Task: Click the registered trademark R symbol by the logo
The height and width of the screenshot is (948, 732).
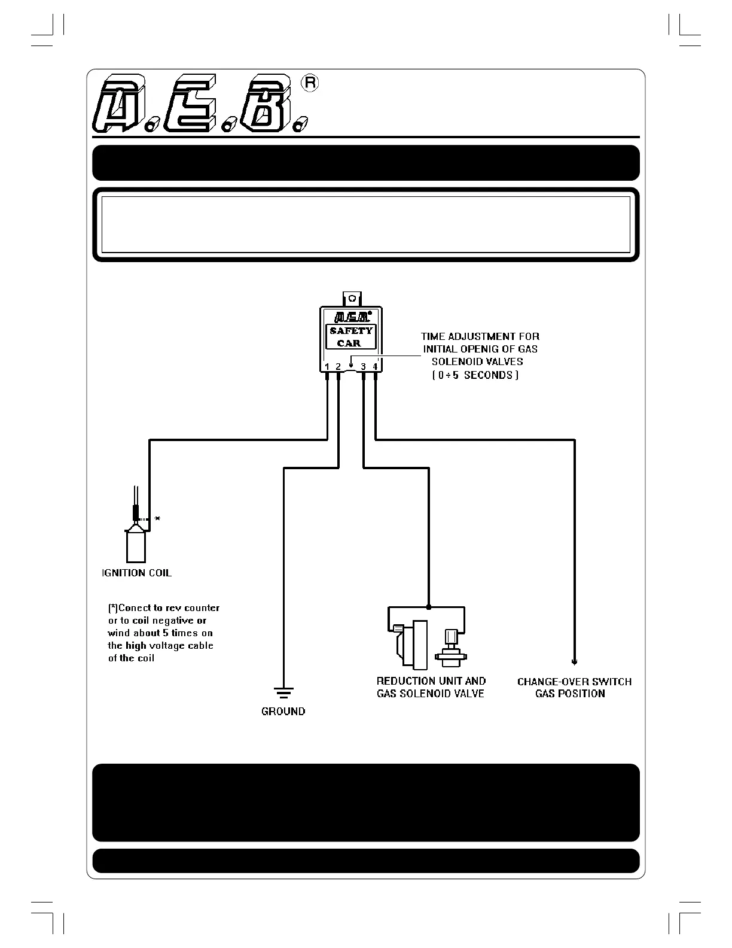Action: tap(310, 83)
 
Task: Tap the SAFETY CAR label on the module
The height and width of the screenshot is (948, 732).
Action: tap(351, 337)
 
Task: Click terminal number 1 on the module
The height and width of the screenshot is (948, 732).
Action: tap(327, 366)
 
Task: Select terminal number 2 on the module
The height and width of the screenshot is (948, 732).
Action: tap(338, 366)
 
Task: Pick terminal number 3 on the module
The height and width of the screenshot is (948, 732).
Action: tap(364, 366)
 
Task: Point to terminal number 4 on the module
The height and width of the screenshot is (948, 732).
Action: tap(376, 366)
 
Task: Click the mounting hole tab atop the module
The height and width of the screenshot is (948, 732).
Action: tap(352, 298)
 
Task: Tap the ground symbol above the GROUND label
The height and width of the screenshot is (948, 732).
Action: tap(283, 693)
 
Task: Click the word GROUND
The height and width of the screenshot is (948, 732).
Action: tap(283, 712)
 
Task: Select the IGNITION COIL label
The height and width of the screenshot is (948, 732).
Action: tap(137, 573)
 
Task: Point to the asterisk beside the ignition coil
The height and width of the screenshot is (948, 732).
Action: tap(157, 519)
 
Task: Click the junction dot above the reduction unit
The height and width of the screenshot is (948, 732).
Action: tap(429, 607)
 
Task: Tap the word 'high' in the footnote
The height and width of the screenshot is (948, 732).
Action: tap(136, 646)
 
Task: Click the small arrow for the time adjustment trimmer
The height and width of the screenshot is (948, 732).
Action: tap(351, 363)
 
